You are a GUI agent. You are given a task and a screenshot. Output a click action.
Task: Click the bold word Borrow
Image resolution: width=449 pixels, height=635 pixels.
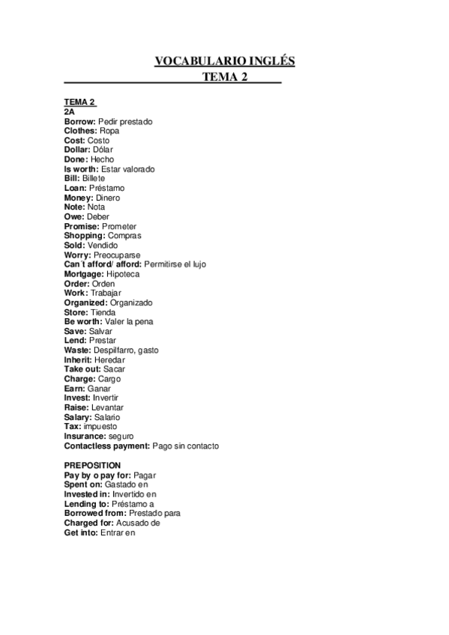coord(79,121)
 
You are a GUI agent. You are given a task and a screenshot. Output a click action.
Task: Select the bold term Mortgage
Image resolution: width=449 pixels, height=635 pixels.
coord(83,274)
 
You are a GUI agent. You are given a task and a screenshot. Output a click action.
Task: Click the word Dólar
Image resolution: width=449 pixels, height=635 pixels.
coord(108,149)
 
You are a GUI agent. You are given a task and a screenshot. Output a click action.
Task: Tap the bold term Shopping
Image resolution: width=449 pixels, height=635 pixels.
coord(84,236)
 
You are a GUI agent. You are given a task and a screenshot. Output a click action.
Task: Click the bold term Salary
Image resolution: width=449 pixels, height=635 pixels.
coord(78,417)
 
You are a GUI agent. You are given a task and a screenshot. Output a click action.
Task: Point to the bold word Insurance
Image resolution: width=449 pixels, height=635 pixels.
coord(84,436)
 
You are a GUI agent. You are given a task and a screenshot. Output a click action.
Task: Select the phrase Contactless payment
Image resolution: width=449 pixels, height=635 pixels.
coord(106,446)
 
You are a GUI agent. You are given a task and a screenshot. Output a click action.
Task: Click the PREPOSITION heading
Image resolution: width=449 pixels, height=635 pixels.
coord(92,465)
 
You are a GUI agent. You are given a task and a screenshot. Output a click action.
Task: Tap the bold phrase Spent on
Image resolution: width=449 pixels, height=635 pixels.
coord(83,484)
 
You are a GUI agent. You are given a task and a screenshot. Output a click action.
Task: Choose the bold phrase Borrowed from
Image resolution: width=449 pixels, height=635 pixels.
coord(94,514)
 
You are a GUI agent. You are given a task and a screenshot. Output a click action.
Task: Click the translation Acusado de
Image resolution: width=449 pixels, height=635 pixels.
coord(139,523)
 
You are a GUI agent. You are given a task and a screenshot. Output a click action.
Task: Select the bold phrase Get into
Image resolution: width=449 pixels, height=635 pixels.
coord(80,532)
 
